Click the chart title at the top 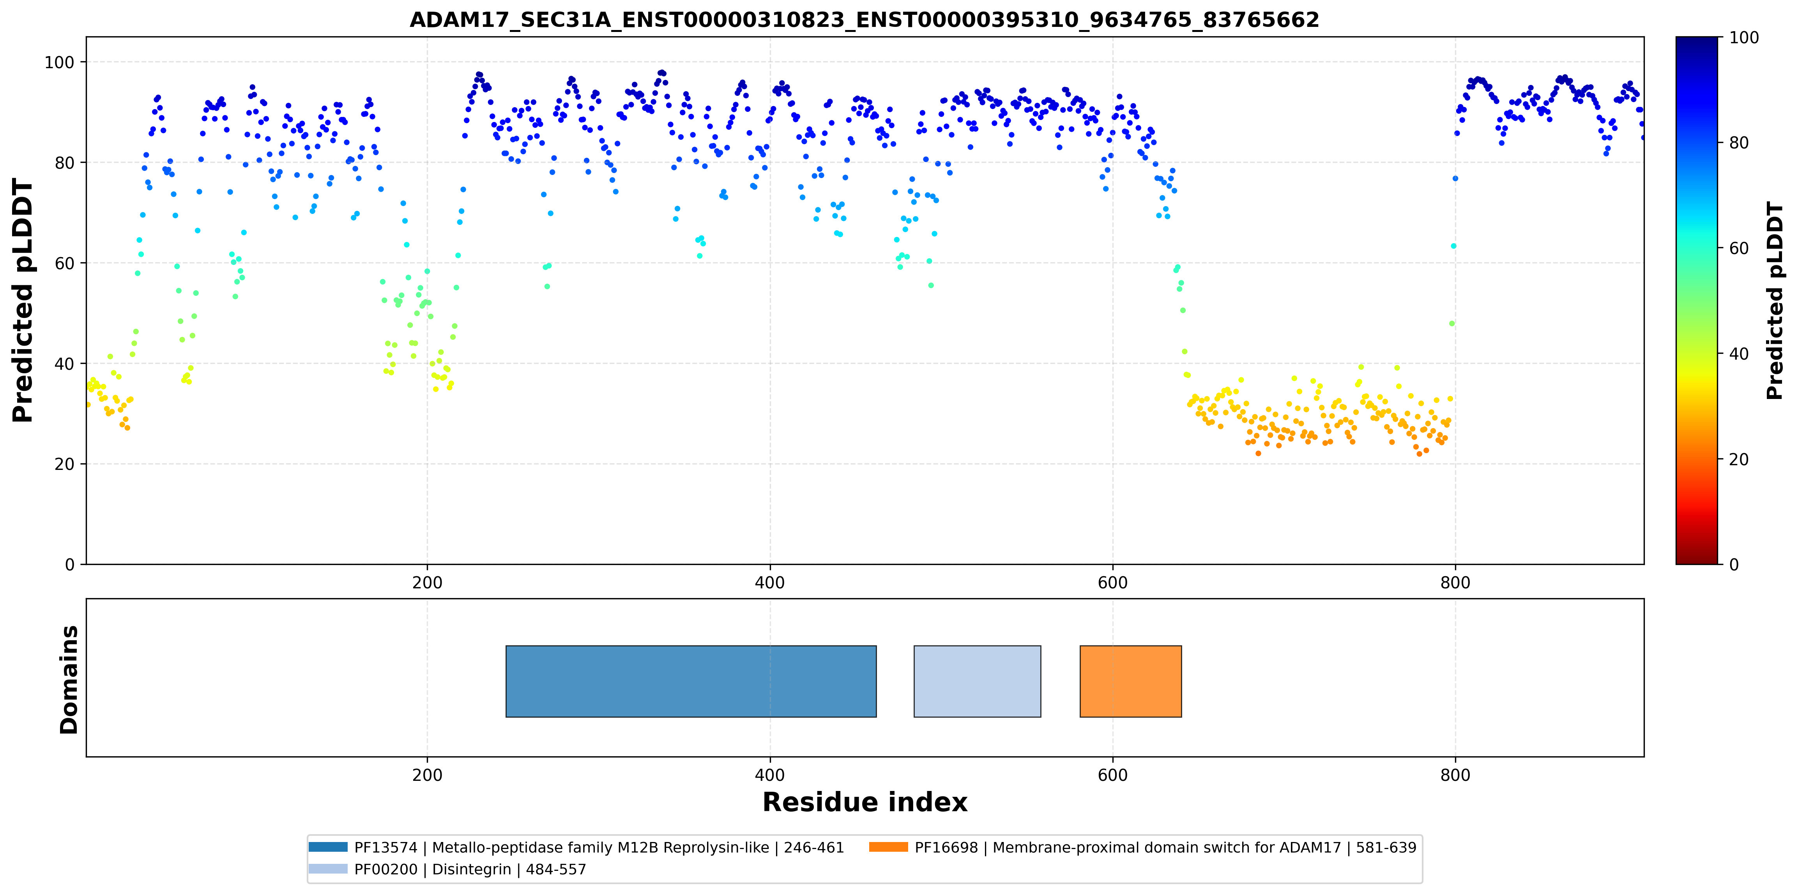(864, 19)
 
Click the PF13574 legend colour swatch (328, 847)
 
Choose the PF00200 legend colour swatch (328, 869)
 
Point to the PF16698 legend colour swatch (889, 847)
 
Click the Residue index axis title (865, 802)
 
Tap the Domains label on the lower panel (69, 680)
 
